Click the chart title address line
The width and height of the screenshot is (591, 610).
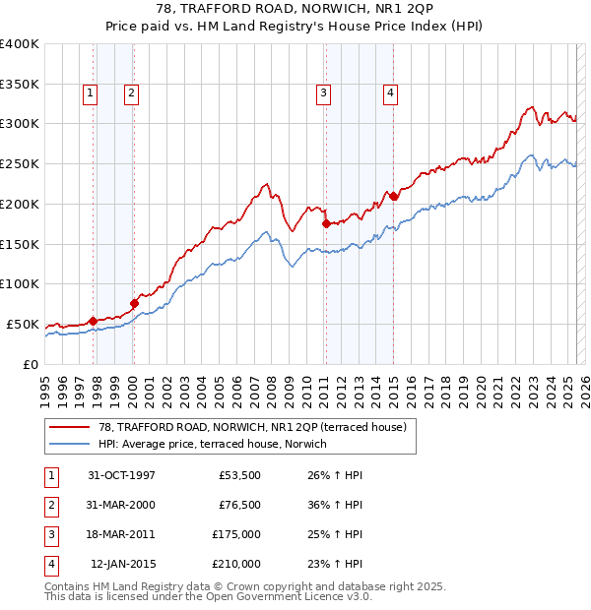point(295,9)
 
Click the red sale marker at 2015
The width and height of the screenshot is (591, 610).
point(393,196)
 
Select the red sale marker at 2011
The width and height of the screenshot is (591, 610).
point(326,223)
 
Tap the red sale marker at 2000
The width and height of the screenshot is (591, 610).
point(135,302)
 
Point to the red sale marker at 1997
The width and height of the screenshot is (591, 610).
point(93,321)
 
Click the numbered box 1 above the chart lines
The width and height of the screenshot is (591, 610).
point(90,93)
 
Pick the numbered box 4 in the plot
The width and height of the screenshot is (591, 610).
point(391,93)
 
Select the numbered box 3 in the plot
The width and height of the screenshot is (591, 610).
point(323,93)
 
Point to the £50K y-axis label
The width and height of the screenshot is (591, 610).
point(23,324)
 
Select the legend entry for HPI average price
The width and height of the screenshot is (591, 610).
point(219,444)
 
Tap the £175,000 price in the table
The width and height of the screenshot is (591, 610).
point(236,534)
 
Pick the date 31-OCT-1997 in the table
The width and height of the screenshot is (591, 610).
point(121,475)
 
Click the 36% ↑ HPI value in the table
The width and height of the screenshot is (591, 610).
point(335,505)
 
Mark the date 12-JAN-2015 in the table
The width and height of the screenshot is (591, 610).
point(123,564)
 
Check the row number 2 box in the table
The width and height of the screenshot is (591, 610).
point(50,506)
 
